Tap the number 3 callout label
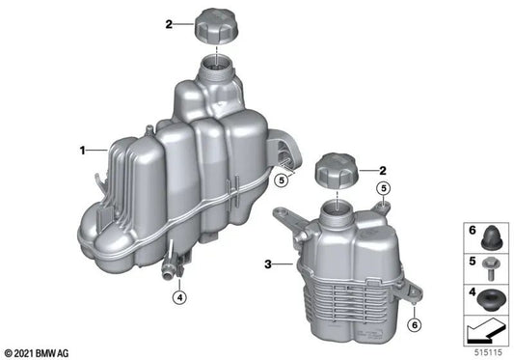(x=269, y=262)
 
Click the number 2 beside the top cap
(x=168, y=24)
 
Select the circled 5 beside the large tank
(x=281, y=180)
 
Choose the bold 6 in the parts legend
(x=473, y=233)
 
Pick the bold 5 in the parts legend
(x=473, y=260)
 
